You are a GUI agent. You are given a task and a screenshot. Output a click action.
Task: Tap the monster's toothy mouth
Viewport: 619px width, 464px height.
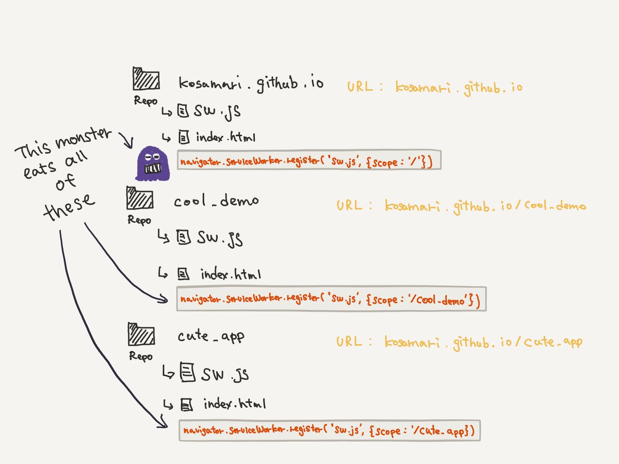pos(153,169)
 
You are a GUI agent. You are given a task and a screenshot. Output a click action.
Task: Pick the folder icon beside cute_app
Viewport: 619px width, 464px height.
pos(141,336)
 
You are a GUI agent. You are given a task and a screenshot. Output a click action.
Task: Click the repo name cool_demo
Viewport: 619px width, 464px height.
pos(217,201)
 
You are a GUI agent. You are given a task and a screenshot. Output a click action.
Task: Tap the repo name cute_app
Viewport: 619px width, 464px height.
pos(211,337)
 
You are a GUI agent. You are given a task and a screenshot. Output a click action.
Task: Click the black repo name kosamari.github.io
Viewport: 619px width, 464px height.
pos(251,83)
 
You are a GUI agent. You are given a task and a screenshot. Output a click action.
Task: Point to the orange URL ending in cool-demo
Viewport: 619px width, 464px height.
pos(461,207)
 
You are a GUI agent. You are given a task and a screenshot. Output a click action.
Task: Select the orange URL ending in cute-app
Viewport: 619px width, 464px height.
pos(459,342)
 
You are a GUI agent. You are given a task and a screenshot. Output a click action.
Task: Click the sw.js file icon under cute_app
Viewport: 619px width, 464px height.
pos(187,372)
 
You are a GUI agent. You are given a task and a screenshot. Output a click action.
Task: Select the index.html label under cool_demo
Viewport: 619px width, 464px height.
pos(231,275)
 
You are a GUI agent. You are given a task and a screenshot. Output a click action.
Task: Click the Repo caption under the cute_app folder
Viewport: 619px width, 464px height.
pos(141,356)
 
